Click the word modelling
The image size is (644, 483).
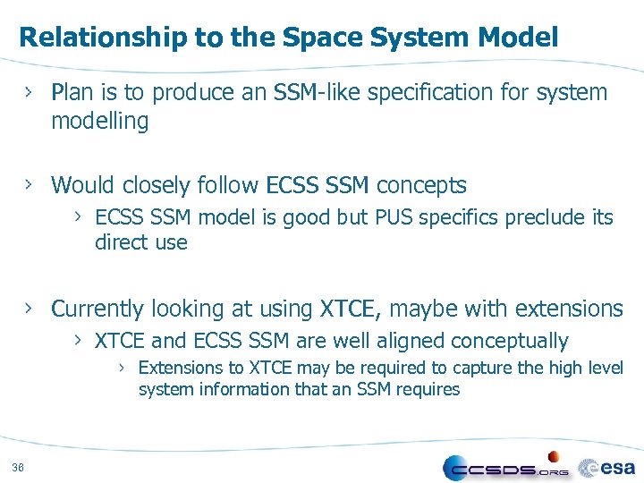(x=100, y=122)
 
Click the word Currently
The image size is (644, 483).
(x=98, y=309)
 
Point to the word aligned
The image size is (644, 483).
(x=411, y=342)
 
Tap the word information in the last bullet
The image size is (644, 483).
(x=253, y=390)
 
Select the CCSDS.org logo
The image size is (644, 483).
(x=505, y=467)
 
